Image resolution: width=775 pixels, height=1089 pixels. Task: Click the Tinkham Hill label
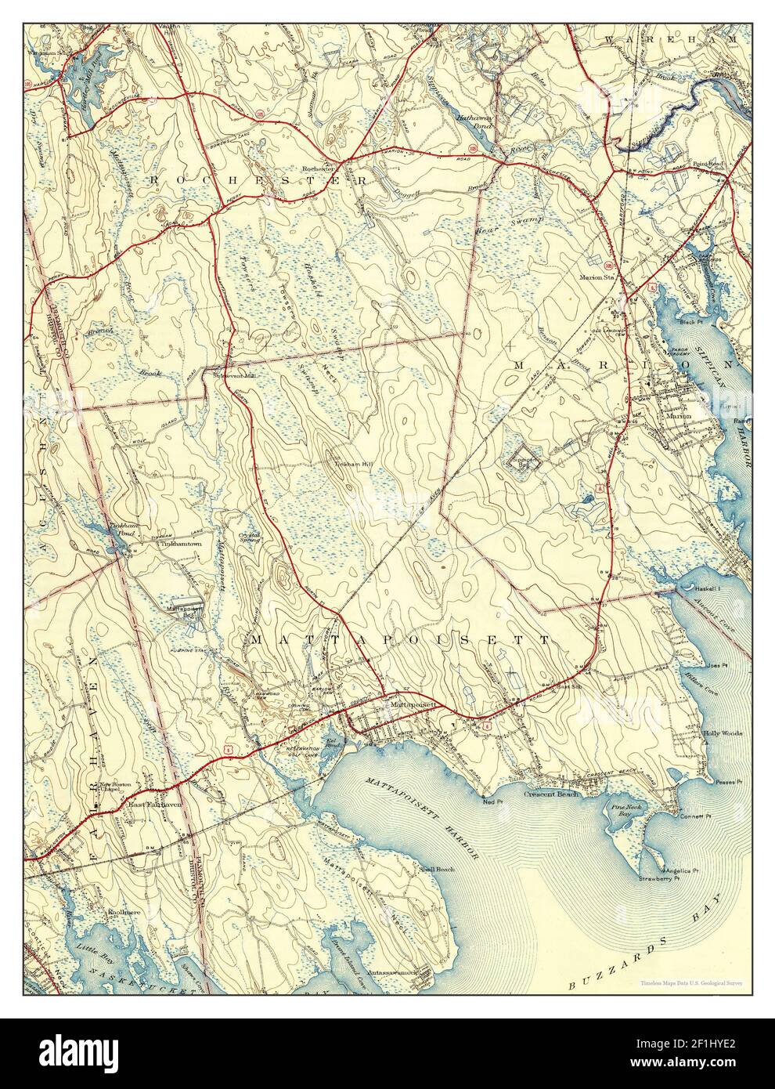(355, 465)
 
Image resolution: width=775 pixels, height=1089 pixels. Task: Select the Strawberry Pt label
(655, 880)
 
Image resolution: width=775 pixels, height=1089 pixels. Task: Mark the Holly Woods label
(722, 733)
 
